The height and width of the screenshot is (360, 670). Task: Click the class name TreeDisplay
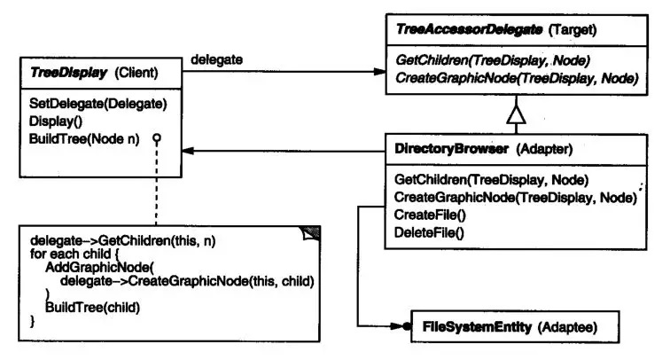click(68, 73)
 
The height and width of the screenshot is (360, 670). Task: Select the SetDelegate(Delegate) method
click(97, 104)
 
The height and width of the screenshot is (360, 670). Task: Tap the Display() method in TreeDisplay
click(56, 121)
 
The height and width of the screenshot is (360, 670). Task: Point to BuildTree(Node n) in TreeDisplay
click(84, 139)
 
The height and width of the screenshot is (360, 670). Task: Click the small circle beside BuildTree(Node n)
click(157, 137)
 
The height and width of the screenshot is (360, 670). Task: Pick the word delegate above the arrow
click(216, 60)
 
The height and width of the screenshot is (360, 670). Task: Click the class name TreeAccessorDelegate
click(469, 29)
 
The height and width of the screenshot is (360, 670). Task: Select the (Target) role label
click(573, 30)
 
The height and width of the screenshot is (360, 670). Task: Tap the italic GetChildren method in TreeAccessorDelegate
click(493, 60)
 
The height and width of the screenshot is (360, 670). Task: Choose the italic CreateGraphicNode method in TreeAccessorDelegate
click(517, 78)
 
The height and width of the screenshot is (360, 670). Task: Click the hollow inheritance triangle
click(516, 114)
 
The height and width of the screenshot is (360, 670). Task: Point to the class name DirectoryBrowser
click(452, 149)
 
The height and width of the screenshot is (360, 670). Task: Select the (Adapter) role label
click(544, 149)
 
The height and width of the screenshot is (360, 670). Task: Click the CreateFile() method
click(430, 215)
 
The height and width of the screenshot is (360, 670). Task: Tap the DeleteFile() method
click(429, 232)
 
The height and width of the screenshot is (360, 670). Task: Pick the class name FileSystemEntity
click(477, 327)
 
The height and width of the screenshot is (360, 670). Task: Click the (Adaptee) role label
click(567, 327)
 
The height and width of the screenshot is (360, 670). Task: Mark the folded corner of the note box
click(311, 233)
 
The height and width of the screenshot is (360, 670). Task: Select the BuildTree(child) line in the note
click(92, 308)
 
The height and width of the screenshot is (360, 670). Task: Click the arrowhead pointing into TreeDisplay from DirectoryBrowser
click(188, 151)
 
